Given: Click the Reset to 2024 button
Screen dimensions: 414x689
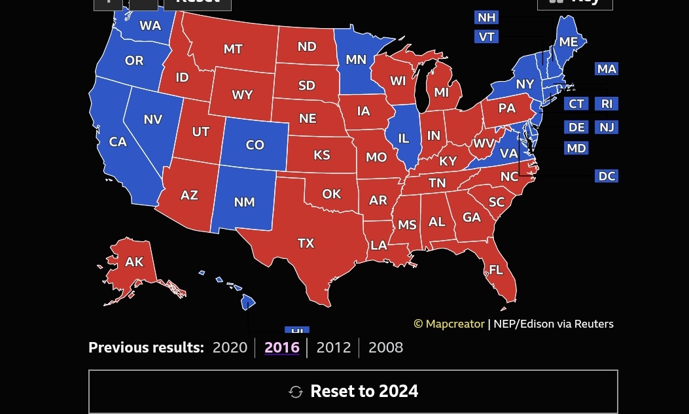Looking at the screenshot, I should pyautogui.click(x=353, y=391).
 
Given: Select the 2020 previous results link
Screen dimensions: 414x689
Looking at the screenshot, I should pyautogui.click(x=230, y=347).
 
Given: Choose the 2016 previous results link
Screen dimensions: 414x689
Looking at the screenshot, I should pyautogui.click(x=281, y=347).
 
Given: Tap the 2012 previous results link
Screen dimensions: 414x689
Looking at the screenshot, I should pyautogui.click(x=333, y=347).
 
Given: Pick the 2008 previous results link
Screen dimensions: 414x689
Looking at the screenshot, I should pyautogui.click(x=385, y=347).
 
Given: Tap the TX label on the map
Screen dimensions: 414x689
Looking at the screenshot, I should pyautogui.click(x=306, y=243).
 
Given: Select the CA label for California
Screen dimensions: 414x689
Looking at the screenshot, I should pyautogui.click(x=118, y=142).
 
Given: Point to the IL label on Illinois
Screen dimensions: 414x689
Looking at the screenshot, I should pyautogui.click(x=404, y=138).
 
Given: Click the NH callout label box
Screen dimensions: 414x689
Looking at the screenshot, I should pyautogui.click(x=486, y=18).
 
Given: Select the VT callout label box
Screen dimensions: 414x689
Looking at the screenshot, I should pyautogui.click(x=486, y=37).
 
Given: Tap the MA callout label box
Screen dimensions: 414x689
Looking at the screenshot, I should pyautogui.click(x=607, y=69).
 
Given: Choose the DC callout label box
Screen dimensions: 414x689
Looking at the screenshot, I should pyautogui.click(x=607, y=176).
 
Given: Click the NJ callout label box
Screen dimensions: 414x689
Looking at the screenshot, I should pyautogui.click(x=607, y=127).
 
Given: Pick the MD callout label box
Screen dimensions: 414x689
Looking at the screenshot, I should pyautogui.click(x=576, y=148).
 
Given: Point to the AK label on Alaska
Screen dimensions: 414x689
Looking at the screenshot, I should pyautogui.click(x=134, y=262).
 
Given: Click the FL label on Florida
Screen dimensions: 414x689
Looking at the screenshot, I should pyautogui.click(x=496, y=269).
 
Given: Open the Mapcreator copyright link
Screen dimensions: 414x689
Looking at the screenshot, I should pyautogui.click(x=450, y=324).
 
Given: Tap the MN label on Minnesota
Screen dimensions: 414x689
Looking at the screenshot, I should pyautogui.click(x=356, y=60).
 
